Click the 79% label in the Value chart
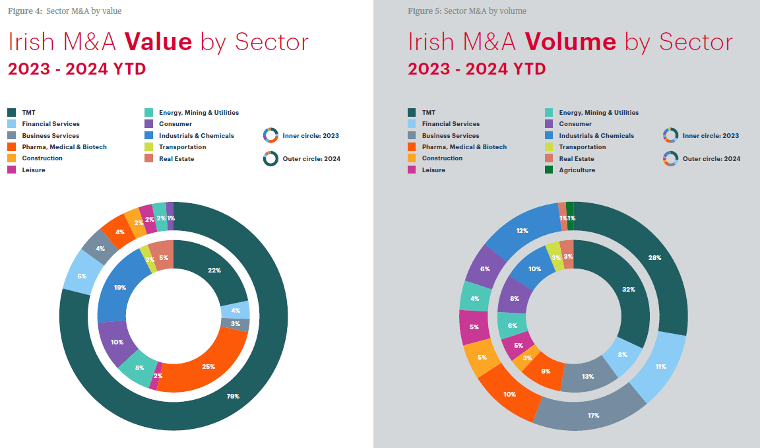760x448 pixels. pos(232,396)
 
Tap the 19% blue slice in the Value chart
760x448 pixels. pos(120,288)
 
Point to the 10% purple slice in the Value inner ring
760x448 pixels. pos(117,343)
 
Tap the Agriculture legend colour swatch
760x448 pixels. pos(549,170)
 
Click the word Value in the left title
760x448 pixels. pos(158,42)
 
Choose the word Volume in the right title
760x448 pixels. pos(571,42)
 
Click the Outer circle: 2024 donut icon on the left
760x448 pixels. pos(270,158)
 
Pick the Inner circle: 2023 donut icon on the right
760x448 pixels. pos(670,135)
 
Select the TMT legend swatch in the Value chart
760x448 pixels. pos(12,113)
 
